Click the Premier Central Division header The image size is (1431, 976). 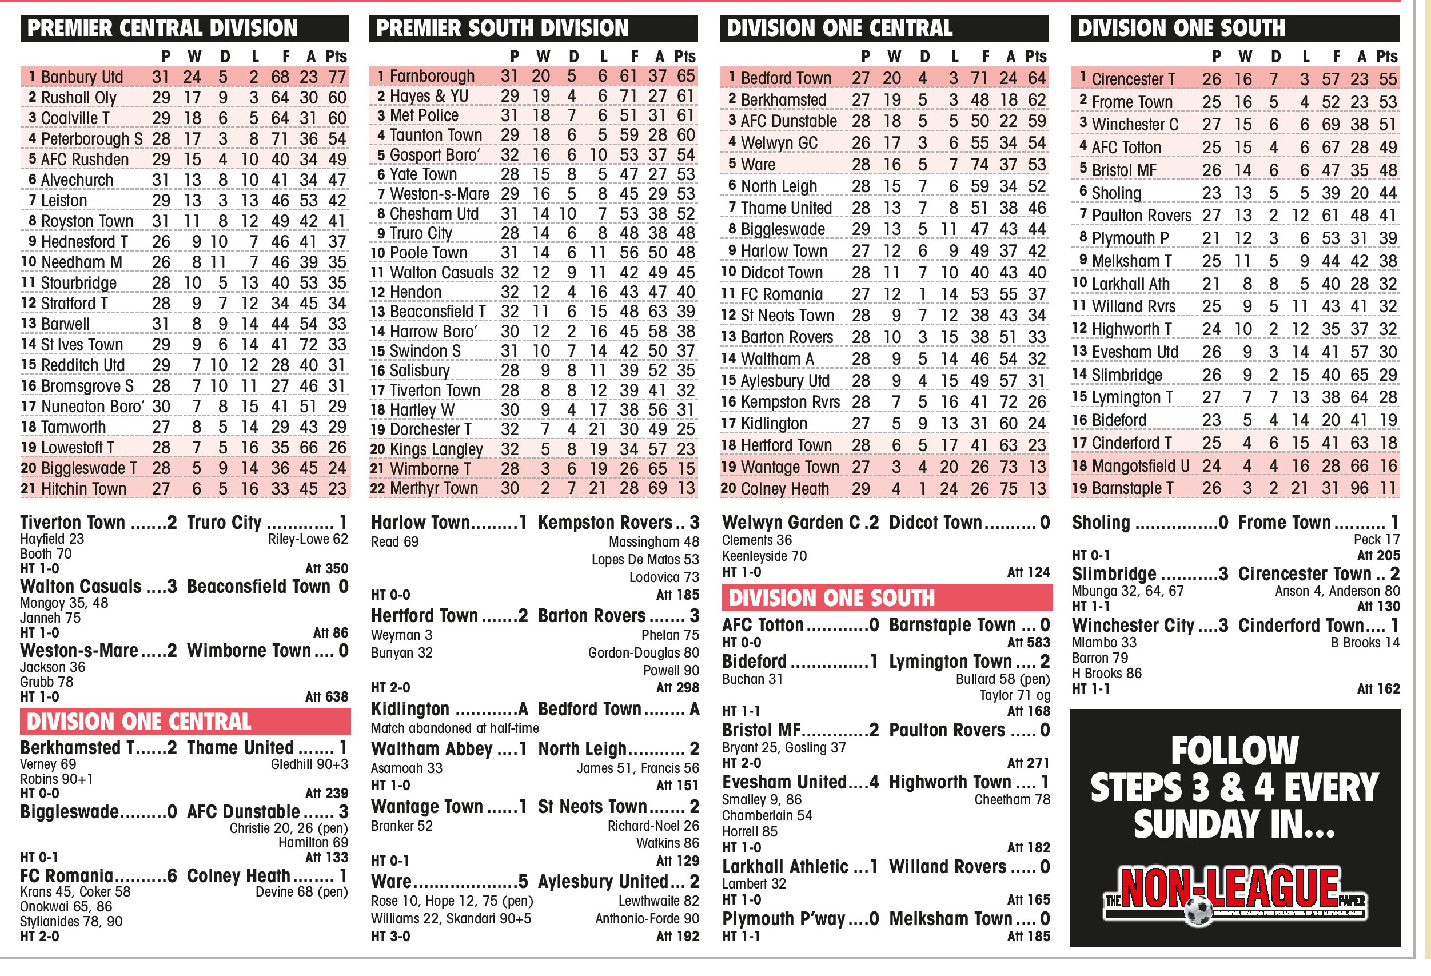click(x=162, y=29)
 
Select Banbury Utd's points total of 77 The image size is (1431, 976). click(x=337, y=77)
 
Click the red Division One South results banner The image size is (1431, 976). click(x=886, y=598)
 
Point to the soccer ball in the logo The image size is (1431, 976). click(x=1198, y=911)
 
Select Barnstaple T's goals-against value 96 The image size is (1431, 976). click(x=1359, y=488)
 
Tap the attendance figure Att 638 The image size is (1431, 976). click(x=326, y=696)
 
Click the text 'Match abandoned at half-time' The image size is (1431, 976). click(x=455, y=728)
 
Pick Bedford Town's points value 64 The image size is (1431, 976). click(x=1037, y=78)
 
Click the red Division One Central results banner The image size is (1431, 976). click(x=185, y=722)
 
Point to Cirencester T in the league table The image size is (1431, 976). click(x=1133, y=79)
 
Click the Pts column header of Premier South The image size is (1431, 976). click(x=684, y=57)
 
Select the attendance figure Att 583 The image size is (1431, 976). click(x=1029, y=642)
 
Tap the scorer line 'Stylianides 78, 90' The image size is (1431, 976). click(x=71, y=922)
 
